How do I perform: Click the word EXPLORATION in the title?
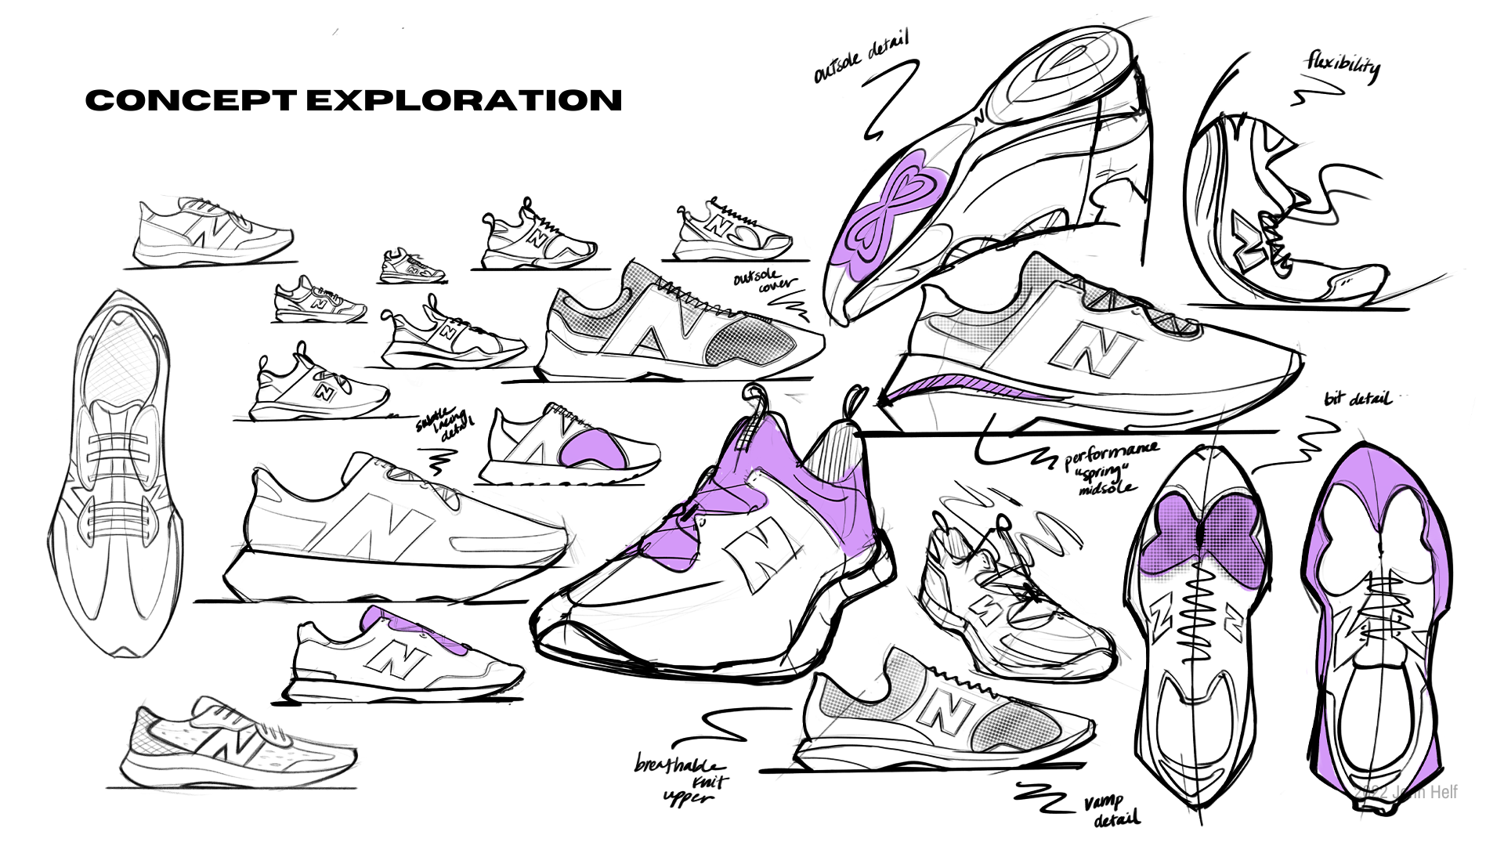(x=464, y=100)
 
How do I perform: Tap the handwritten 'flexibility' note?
(x=1342, y=67)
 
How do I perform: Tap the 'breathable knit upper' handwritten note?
(x=682, y=780)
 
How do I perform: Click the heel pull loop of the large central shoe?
(x=757, y=399)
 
